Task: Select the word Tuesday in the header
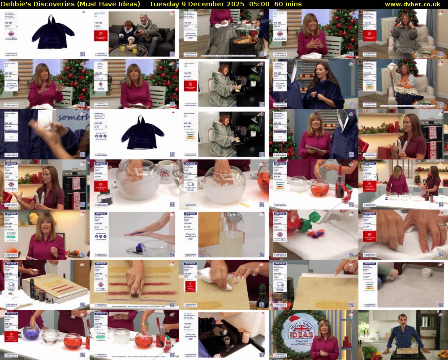pos(163,4)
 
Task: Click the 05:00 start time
pos(259,4)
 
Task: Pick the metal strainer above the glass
pos(234,219)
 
